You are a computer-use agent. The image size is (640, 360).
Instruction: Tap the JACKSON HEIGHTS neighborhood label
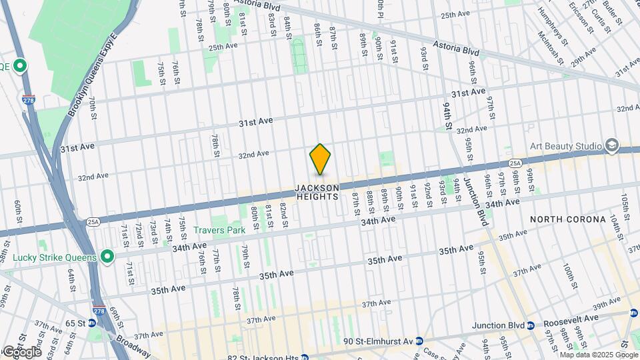coord(318,192)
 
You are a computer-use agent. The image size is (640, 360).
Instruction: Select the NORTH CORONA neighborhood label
coord(567,219)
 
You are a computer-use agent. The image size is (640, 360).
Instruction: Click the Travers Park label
coord(219,230)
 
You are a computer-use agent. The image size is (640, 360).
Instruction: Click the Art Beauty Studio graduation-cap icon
coord(611,146)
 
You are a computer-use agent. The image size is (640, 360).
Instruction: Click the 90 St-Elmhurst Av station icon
coord(419,341)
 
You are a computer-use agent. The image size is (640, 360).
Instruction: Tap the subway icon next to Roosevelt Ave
coord(532,325)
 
